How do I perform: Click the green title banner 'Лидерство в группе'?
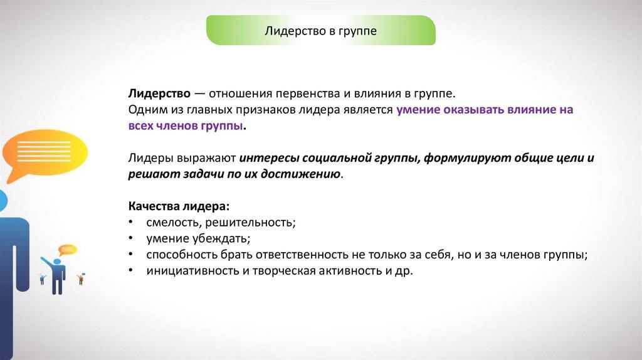(320, 30)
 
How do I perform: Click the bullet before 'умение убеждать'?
(130, 238)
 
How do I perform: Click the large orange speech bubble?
(45, 154)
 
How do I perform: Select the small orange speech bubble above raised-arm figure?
(68, 250)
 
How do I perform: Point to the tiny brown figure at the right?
(81, 279)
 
